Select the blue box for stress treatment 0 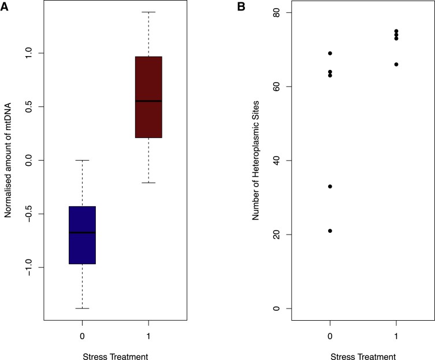click(82, 235)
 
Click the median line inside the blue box click(82, 232)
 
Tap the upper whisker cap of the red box click(148, 12)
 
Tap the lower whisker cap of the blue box click(82, 309)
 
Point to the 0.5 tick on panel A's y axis click(35, 106)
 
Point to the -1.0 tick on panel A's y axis click(35, 268)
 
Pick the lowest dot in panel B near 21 click(330, 231)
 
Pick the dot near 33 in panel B click(330, 187)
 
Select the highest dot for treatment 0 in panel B click(330, 53)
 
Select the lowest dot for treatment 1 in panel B click(396, 64)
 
